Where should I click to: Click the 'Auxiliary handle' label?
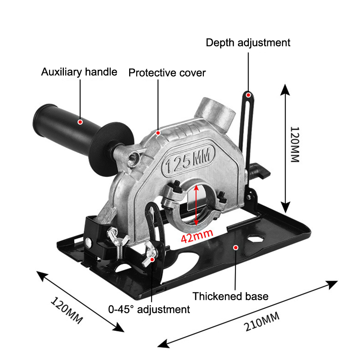click(x=79, y=72)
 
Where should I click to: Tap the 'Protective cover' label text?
click(x=167, y=72)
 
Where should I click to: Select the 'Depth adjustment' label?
click(x=248, y=43)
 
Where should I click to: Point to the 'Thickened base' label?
click(x=230, y=296)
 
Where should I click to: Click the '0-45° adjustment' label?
click(x=149, y=309)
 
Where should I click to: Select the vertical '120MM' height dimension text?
click(x=294, y=144)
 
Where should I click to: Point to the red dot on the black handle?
click(x=80, y=121)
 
